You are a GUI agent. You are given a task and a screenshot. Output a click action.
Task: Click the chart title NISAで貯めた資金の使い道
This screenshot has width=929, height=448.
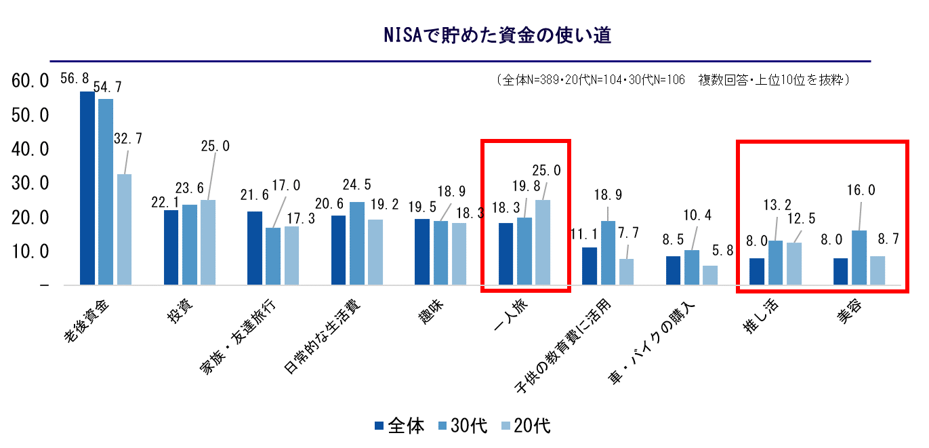pos(497,36)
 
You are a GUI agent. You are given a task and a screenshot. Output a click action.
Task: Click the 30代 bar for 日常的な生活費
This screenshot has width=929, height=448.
pos(356,243)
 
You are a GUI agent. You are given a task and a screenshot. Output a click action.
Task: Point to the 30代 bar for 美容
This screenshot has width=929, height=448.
pos(859,258)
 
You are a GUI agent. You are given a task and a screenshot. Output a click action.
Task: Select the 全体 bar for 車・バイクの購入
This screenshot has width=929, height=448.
pos(673,270)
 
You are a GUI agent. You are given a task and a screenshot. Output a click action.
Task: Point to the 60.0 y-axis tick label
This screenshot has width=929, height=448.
pos(31,81)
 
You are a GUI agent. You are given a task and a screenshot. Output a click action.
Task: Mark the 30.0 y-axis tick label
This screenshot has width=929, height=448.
pos(31,184)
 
